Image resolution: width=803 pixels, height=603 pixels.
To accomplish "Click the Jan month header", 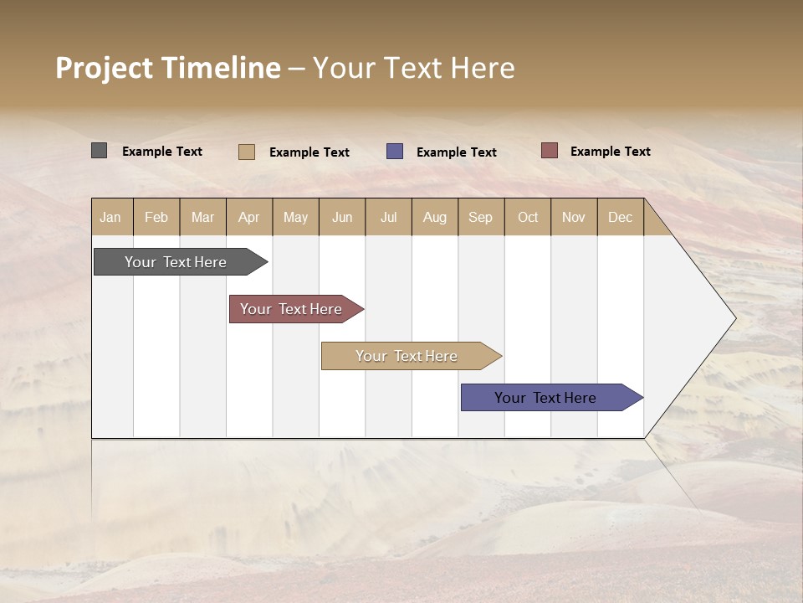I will (110, 217).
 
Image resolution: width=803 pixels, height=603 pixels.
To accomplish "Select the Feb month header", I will (156, 217).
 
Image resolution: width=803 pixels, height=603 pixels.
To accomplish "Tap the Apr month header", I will (249, 217).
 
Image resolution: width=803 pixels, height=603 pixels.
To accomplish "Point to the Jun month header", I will (342, 217).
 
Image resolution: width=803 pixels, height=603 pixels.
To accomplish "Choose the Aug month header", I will (435, 217).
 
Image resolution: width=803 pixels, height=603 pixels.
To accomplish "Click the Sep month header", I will (481, 217).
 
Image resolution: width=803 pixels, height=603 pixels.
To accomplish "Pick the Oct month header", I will (528, 217).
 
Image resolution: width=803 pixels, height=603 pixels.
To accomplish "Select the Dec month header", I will (621, 217).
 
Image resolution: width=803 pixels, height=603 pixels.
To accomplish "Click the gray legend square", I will (99, 151).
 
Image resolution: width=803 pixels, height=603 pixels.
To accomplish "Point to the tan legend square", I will (247, 152).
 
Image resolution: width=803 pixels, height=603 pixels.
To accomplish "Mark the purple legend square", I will (395, 151).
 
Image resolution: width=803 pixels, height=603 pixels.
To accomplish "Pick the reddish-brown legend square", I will (550, 151).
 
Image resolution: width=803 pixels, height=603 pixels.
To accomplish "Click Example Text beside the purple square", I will (457, 152).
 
